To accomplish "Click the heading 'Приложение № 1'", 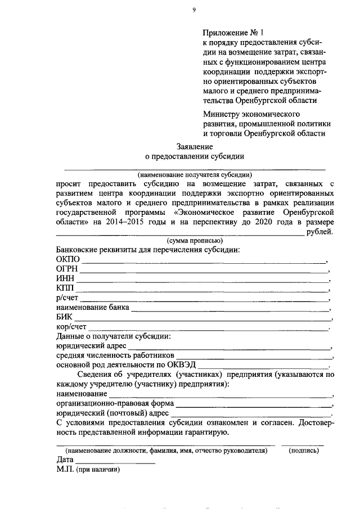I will (x=232, y=33).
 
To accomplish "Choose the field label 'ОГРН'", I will (x=67, y=269).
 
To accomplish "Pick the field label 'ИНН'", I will (x=65, y=279).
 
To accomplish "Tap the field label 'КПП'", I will (x=65, y=289).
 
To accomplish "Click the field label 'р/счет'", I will (x=67, y=298).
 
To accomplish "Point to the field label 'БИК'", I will (x=65, y=317).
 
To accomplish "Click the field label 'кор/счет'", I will (x=71, y=327).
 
